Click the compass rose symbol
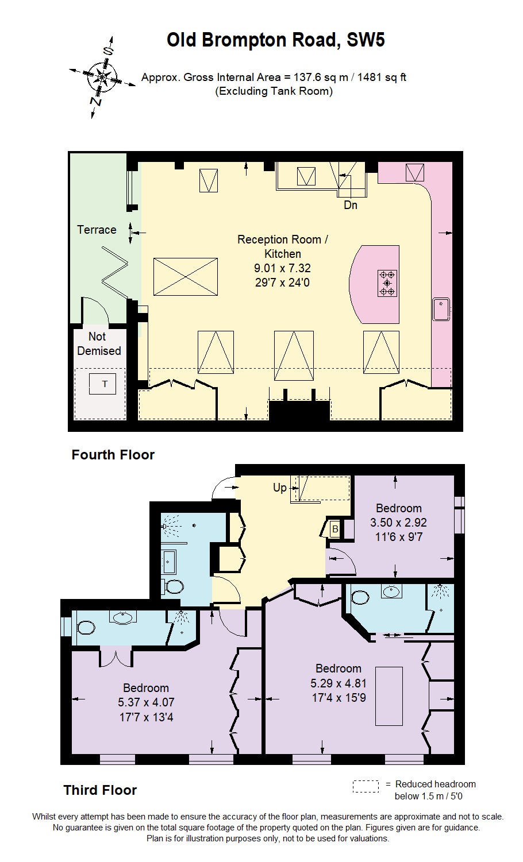102,76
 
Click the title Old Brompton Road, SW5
275,40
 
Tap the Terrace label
97,230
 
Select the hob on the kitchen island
387,283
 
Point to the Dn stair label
351,205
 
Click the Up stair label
280,488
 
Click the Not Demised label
99,343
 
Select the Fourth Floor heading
113,455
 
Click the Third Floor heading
100,790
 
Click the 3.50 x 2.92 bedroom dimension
398,523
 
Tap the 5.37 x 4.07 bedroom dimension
146,702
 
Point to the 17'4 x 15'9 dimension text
339,698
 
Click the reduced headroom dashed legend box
366,786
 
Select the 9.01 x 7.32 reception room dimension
282,268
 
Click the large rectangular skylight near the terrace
186,277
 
